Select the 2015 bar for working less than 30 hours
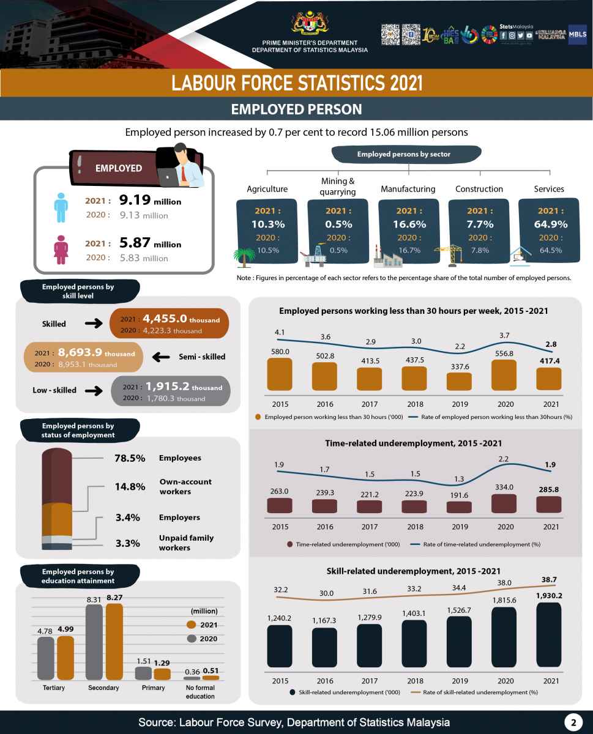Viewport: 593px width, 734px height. pyautogui.click(x=280, y=374)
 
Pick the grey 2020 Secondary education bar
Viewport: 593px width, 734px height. pyautogui.click(x=94, y=642)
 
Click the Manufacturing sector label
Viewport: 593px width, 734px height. pyautogui.click(x=408, y=189)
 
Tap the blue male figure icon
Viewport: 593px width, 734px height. pyautogui.click(x=60, y=207)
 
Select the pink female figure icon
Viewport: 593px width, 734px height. pyautogui.click(x=61, y=248)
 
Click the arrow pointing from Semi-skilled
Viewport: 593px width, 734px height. pyautogui.click(x=160, y=357)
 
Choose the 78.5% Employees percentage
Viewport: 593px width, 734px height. pyautogui.click(x=130, y=458)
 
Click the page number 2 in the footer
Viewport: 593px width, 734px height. pyautogui.click(x=573, y=722)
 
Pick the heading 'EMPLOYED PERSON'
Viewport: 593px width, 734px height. pyautogui.click(x=296, y=109)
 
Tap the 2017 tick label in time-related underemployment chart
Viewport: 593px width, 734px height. pyautogui.click(x=369, y=527)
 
